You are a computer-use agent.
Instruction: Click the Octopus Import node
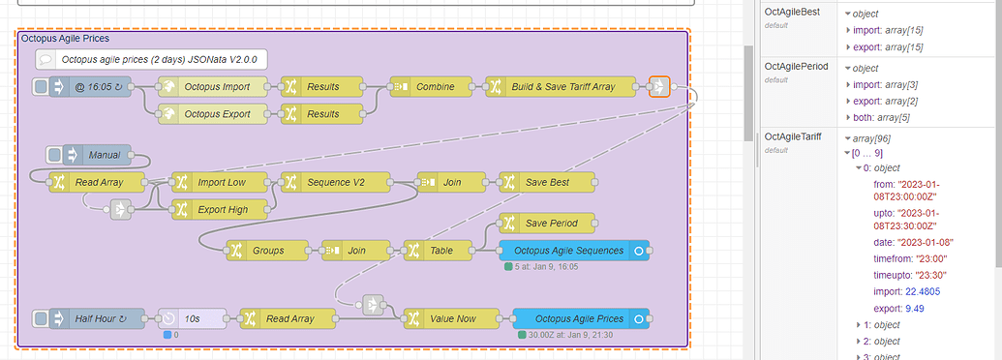(x=216, y=87)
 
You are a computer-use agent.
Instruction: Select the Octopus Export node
(x=216, y=114)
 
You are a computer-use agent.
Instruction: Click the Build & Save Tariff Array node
(x=562, y=87)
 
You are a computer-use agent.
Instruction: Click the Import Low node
(x=219, y=181)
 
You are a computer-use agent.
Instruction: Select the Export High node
(x=219, y=208)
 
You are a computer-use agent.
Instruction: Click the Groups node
(x=267, y=250)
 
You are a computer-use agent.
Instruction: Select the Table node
(x=440, y=250)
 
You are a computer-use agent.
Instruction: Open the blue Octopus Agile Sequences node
(x=573, y=250)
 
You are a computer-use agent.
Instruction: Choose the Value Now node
(x=451, y=317)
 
